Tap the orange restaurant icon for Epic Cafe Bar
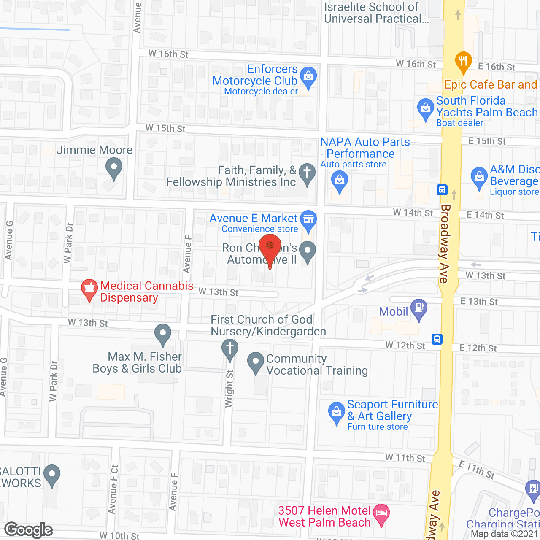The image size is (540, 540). coord(463,61)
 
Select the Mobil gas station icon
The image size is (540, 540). coord(419,308)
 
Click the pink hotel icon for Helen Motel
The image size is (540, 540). coord(381,514)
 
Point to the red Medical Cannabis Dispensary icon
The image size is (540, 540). coord(89,289)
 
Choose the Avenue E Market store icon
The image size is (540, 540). coord(308,220)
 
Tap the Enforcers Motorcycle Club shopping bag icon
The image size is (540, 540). coord(308,77)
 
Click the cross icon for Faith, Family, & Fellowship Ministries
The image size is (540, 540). coord(307,173)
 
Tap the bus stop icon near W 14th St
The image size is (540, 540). coord(442,189)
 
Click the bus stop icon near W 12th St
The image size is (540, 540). coord(437,339)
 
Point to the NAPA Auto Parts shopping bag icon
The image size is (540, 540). coord(340,182)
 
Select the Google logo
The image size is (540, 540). coord(29,530)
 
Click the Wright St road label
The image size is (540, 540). coord(229,389)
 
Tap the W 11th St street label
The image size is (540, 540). coord(405,458)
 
